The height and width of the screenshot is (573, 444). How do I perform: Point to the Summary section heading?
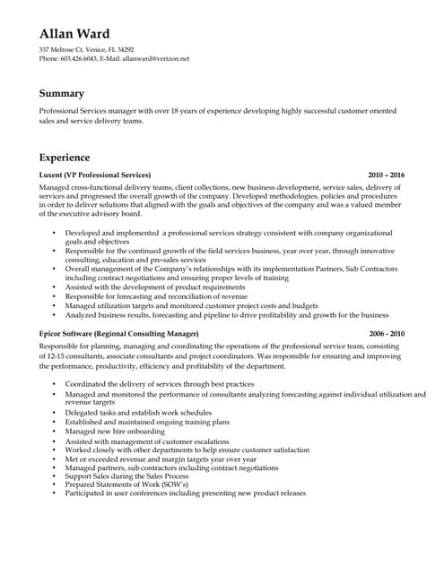(62, 93)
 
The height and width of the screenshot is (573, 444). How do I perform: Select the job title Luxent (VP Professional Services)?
(96, 175)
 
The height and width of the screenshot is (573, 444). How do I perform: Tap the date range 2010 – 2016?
(387, 175)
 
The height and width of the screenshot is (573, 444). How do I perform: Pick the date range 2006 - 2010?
(387, 333)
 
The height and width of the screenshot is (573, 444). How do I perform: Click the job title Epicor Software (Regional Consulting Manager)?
(119, 333)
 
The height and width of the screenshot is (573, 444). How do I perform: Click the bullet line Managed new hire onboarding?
(116, 432)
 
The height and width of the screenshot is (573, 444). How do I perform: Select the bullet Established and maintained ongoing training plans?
(147, 422)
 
